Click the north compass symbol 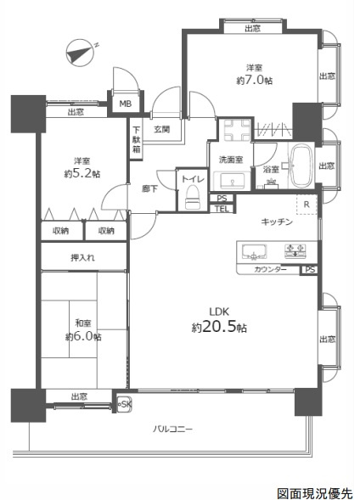[81, 53]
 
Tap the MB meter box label [126, 104]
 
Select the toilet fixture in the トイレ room [193, 198]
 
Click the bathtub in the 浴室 [301, 166]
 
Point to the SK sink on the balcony [124, 405]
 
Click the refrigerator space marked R [307, 205]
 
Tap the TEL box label [222, 209]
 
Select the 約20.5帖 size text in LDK [219, 327]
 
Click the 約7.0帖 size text [255, 80]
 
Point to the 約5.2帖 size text [82, 173]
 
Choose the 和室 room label [83, 323]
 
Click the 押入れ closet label [83, 257]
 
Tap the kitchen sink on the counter [254, 251]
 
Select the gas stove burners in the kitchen [295, 250]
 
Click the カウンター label [270, 269]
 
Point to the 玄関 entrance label [162, 130]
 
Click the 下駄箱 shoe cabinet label [137, 139]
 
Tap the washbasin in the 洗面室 [232, 181]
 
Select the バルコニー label [172, 429]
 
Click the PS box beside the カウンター [310, 270]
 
